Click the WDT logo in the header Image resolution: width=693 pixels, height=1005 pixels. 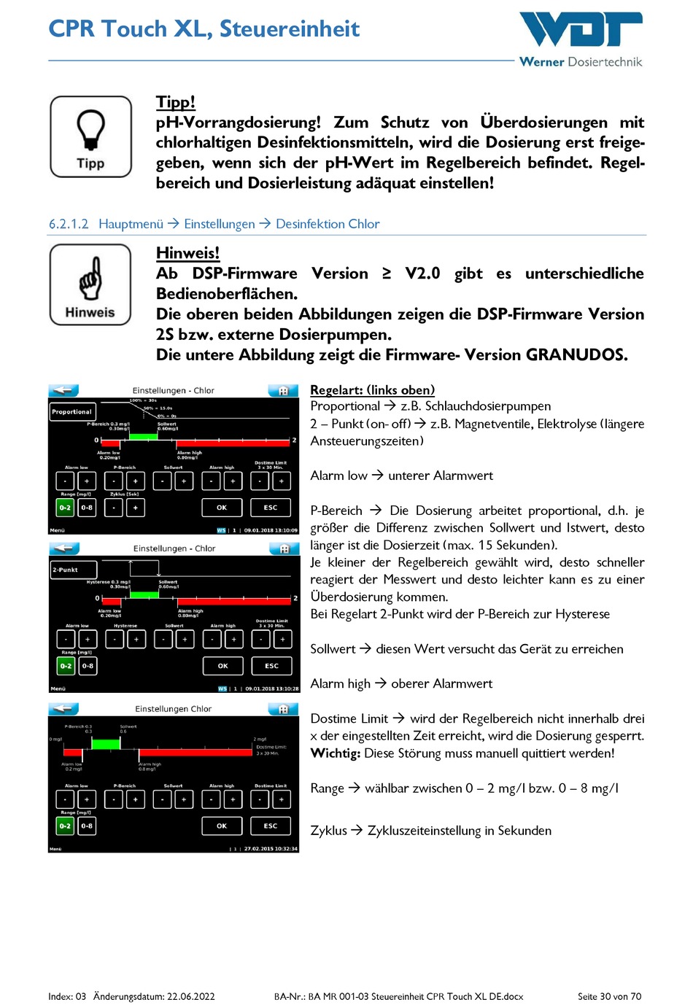pos(581,30)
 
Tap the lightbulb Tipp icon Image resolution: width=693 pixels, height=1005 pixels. pos(91,136)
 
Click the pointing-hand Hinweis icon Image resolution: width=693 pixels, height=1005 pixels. pos(90,284)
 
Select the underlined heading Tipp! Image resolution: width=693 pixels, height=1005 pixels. pos(176,102)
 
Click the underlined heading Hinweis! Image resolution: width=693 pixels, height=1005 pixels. pos(187,253)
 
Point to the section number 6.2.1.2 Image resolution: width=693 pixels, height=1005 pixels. pos(69,224)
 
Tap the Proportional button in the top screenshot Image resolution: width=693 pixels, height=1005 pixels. pos(71,412)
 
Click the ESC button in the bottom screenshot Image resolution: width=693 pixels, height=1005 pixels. pos(271,826)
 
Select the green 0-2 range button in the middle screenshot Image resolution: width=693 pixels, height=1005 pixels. pos(66,666)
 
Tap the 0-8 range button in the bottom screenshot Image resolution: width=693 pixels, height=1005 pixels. pos(87,826)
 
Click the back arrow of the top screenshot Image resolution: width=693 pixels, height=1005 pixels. pos(64,390)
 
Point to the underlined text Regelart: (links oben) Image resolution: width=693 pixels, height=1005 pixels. pos(372,390)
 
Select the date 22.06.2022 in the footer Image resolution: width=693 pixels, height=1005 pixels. pos(191,996)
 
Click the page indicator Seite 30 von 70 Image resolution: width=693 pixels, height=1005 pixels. pos(609,996)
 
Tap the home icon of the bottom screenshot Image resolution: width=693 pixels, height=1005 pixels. pos(283,709)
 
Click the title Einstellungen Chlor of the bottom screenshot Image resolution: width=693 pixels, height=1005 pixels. pos(173,709)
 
